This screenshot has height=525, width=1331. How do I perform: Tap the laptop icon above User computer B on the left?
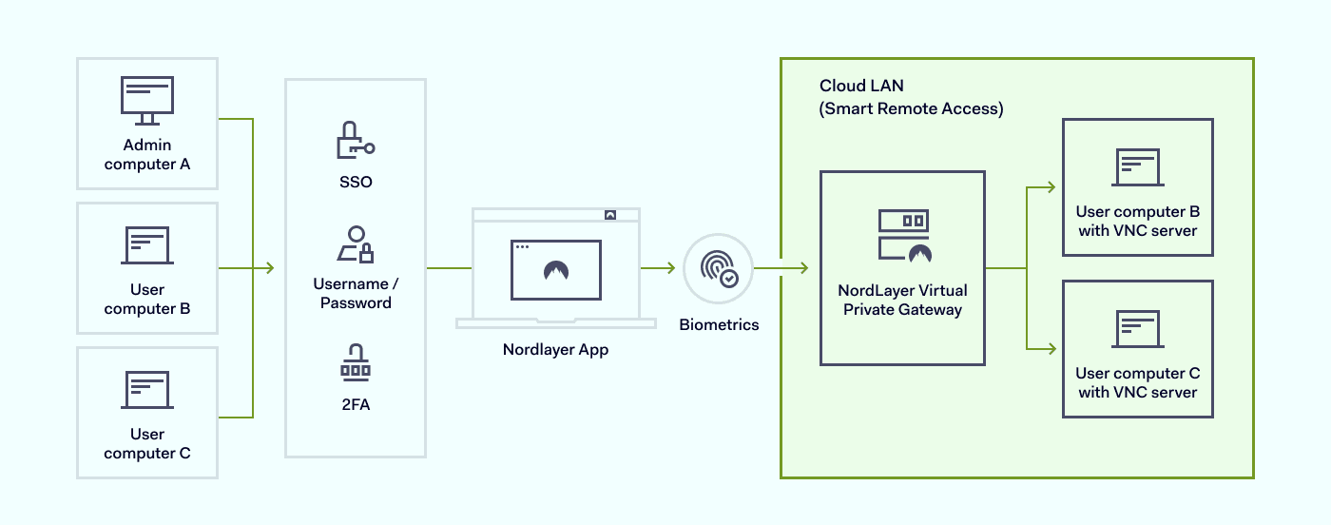[x=147, y=245]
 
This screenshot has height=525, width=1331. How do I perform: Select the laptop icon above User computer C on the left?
[x=147, y=390]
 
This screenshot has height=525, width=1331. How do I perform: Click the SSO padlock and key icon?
[x=355, y=141]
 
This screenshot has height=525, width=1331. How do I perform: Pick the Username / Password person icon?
[x=355, y=244]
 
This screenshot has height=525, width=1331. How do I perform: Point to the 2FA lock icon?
[x=355, y=362]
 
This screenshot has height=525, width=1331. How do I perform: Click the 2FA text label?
[x=355, y=405]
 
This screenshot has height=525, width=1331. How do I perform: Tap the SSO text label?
[x=355, y=181]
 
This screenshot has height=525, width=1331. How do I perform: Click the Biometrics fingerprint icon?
[x=718, y=268]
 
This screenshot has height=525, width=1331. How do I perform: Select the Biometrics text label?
[x=719, y=325]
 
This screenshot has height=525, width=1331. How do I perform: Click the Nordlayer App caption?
[x=555, y=349]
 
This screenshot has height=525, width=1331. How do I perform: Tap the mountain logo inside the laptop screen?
[x=555, y=271]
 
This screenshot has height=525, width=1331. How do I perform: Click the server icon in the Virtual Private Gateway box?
[x=903, y=236]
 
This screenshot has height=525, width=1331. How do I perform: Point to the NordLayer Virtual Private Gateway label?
[x=902, y=300]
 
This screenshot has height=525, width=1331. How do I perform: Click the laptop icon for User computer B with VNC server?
[x=1137, y=168]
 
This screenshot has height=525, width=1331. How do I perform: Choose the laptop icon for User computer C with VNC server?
[x=1137, y=330]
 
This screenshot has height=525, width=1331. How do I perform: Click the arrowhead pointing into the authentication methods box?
[x=269, y=268]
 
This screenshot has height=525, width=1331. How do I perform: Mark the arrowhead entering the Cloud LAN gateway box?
[x=803, y=268]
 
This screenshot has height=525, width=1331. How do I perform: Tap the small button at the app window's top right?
[x=610, y=215]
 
